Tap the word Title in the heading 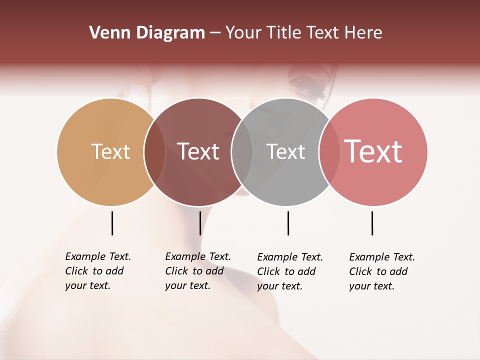[284, 33]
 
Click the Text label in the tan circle [110, 151]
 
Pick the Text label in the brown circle [198, 151]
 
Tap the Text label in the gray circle [285, 151]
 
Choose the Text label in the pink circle [373, 151]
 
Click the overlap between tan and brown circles [154, 152]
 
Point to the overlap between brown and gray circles [242, 152]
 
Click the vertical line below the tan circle [112, 223]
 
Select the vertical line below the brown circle [200, 223]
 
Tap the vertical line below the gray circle [288, 223]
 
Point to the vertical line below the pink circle [372, 223]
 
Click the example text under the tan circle [98, 271]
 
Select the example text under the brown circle [198, 271]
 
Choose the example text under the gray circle [290, 271]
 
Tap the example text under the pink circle [382, 271]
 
